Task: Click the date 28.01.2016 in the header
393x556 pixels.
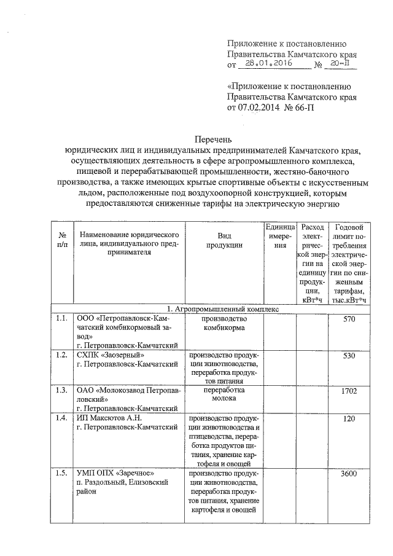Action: click(x=266, y=63)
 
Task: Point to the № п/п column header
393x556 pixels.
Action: click(x=61, y=240)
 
